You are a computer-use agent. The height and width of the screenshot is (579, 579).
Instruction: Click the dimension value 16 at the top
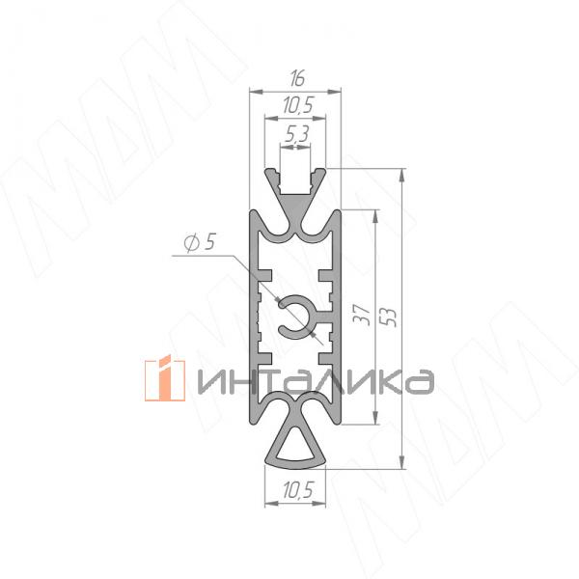point(297,79)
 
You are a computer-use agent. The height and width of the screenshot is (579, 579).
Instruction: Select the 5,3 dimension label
point(297,134)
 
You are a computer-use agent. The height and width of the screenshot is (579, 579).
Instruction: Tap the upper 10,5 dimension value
point(298,105)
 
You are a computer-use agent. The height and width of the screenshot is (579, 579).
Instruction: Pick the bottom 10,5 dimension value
point(298,490)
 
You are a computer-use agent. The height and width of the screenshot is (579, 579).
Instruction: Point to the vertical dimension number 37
point(362,315)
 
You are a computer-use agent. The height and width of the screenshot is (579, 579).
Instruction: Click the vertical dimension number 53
point(389,317)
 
